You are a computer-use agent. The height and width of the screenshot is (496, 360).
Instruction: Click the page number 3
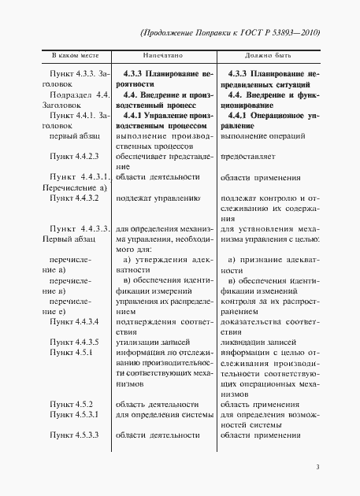coord(317,468)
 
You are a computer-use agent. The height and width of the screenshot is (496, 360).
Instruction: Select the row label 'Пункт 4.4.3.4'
coord(73,321)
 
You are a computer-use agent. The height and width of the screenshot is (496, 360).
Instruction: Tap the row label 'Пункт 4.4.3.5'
coord(73,342)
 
